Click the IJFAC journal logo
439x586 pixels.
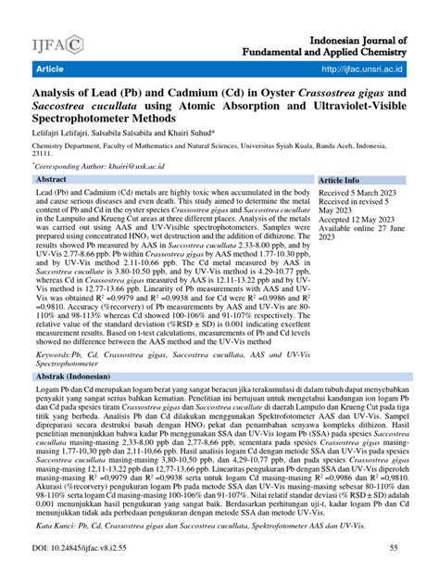[x=57, y=43]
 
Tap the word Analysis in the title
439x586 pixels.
[x=61, y=92]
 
